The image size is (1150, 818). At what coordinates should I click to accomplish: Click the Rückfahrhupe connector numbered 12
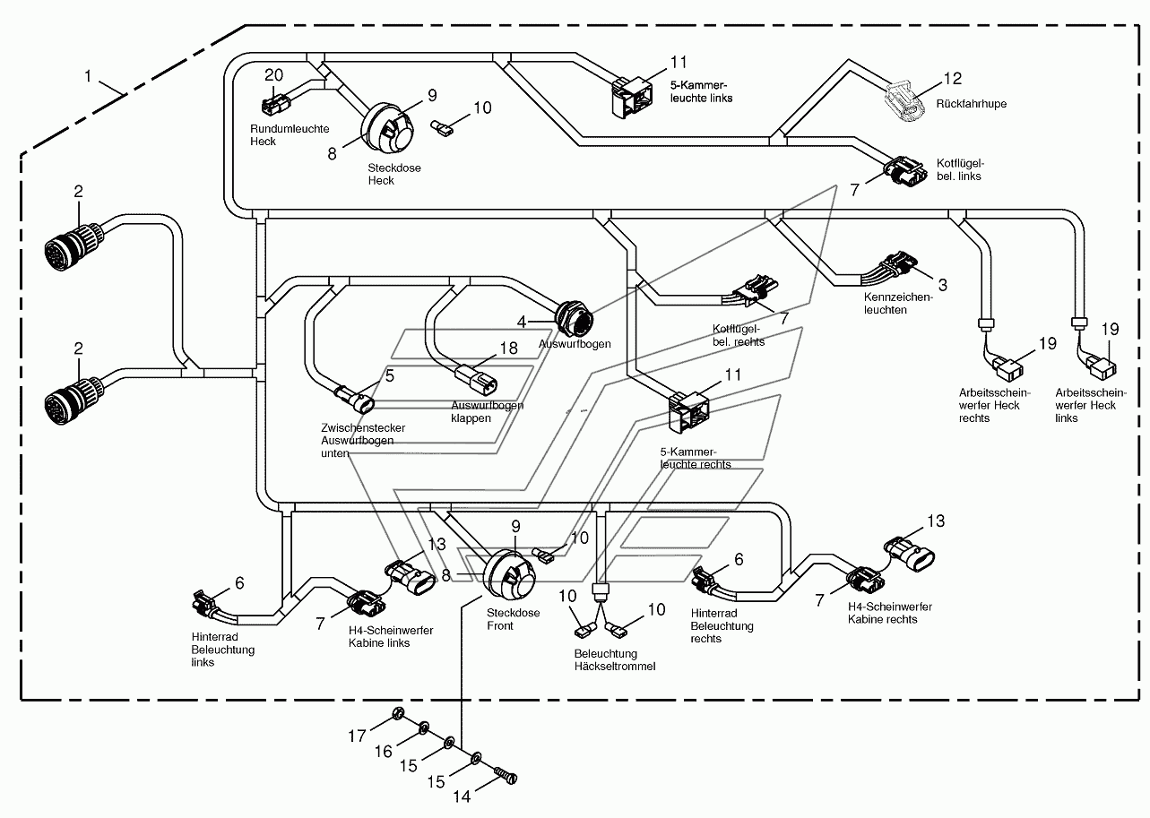point(904,100)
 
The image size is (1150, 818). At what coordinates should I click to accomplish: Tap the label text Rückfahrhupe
point(972,104)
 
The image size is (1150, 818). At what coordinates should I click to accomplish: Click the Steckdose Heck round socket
point(389,128)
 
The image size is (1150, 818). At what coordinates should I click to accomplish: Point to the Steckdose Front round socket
point(509,573)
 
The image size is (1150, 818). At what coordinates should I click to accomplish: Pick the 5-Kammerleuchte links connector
point(632,97)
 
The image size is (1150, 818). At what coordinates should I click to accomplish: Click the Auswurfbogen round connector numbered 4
point(575,319)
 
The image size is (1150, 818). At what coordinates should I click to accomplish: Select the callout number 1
point(88,76)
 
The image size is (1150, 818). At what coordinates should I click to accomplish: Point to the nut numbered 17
point(397,713)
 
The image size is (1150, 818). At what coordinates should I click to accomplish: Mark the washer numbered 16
point(424,728)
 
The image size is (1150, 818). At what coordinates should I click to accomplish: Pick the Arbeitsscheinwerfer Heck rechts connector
point(1007,369)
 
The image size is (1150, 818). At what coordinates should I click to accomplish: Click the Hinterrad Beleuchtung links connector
point(203,606)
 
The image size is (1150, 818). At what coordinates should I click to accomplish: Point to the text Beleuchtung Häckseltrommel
point(615,660)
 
